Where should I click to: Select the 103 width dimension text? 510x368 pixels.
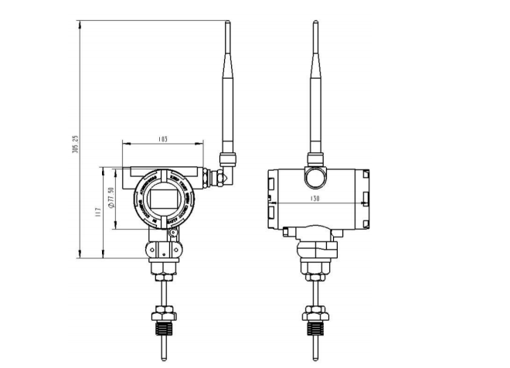[162, 140]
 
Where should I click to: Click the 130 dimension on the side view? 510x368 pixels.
[315, 199]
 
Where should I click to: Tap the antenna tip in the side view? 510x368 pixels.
[315, 25]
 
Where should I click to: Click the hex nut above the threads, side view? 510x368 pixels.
[314, 314]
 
